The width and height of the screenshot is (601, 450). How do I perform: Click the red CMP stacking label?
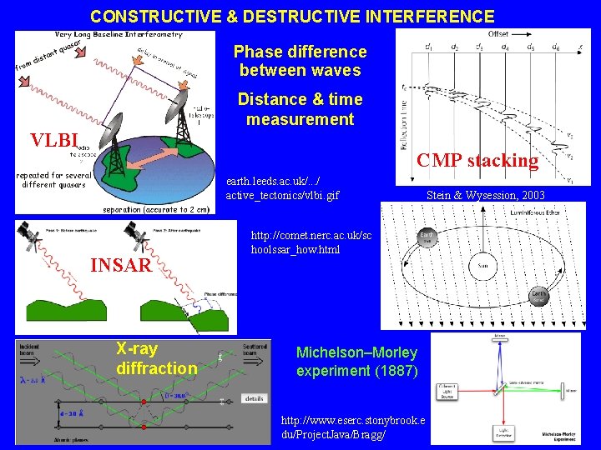coord(477,160)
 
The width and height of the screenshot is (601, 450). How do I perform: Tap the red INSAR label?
coord(120,266)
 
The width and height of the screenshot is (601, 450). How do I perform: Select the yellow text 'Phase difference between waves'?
coord(300,62)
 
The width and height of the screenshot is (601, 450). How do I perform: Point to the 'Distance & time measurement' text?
coord(300,109)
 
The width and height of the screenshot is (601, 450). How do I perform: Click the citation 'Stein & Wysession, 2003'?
coord(485,196)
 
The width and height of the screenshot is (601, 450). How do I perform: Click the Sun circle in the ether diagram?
coord(482,267)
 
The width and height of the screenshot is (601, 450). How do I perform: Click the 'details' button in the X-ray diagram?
coord(254,399)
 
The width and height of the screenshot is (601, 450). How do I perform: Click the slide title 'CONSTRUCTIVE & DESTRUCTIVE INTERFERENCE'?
coord(292,16)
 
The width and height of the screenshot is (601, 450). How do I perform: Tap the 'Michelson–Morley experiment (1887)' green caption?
coord(356,362)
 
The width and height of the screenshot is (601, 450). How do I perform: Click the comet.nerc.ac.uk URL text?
coord(311,242)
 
